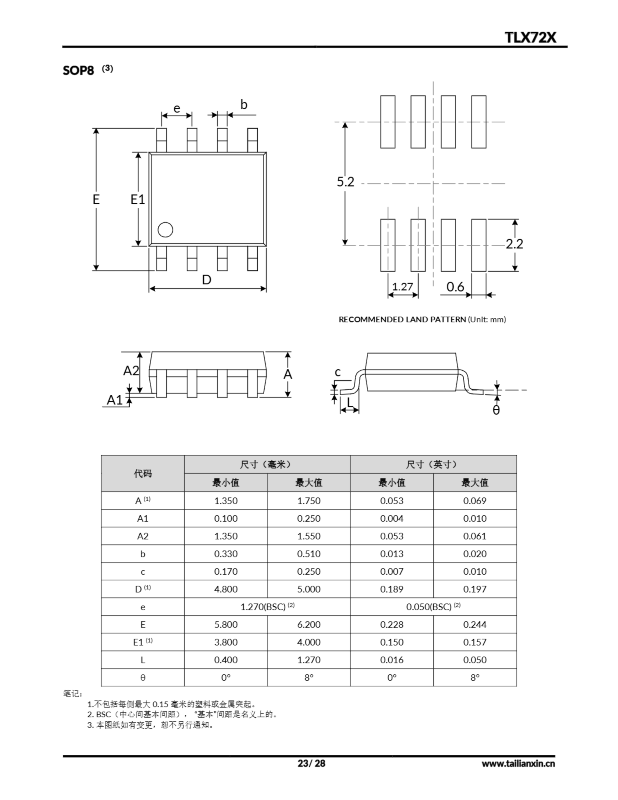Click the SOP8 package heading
(78, 70)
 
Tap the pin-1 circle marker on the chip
(165, 230)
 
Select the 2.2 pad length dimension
(514, 244)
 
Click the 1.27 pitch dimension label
(403, 287)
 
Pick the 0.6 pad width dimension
(455, 287)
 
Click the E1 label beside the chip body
(138, 200)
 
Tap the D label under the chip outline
(207, 280)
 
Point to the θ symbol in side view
(496, 410)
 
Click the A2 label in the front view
(131, 371)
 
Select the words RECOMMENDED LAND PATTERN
(402, 319)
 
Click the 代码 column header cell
(142, 474)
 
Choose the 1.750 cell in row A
(308, 501)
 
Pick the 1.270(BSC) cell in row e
(267, 607)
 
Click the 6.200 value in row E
(308, 625)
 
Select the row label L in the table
(142, 660)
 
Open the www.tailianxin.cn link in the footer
(518, 764)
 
